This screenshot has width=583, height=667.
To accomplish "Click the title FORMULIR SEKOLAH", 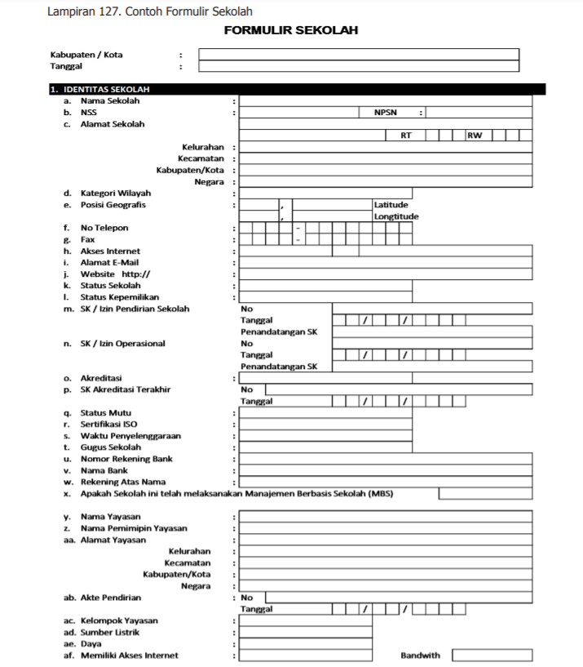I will [x=291, y=31].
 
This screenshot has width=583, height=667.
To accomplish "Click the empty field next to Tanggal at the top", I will [x=359, y=67].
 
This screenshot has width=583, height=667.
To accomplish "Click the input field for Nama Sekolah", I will [x=385, y=101].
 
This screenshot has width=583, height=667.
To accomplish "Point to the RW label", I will [x=474, y=136].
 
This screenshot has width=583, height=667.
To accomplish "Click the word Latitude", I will [x=391, y=205].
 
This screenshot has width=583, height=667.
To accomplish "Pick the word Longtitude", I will [x=396, y=216].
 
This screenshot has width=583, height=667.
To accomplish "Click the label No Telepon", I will [x=104, y=228].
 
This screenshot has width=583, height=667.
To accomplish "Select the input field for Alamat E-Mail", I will [x=385, y=263].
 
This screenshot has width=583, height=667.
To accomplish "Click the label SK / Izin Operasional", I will [x=122, y=344].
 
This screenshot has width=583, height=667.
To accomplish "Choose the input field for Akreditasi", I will [x=385, y=379].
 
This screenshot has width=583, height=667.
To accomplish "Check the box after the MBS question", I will [x=485, y=494].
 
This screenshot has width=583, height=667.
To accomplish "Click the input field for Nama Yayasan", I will [x=385, y=517].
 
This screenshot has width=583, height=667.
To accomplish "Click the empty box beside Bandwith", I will [x=497, y=655].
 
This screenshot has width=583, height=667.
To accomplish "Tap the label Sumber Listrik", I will [x=109, y=632].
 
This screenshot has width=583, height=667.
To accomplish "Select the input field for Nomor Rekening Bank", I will [x=385, y=459].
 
